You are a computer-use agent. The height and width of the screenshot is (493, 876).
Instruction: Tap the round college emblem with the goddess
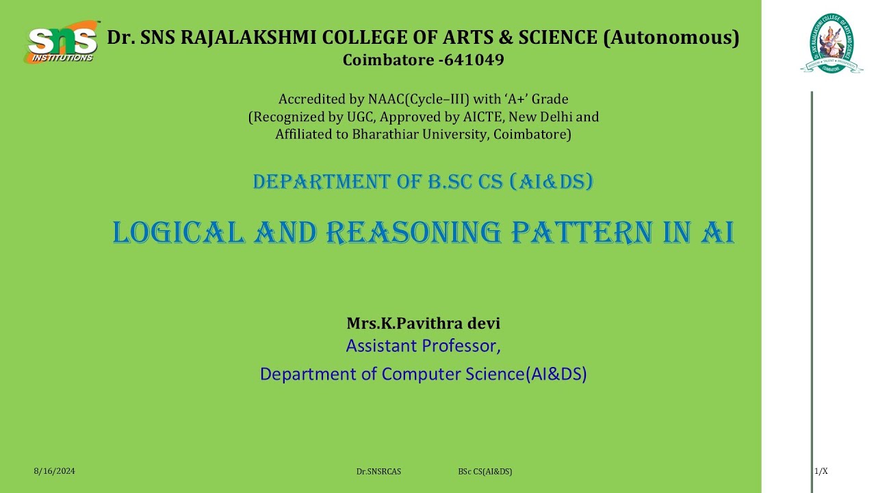coord(832,43)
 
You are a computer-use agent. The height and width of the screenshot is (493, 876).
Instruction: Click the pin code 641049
coord(474,60)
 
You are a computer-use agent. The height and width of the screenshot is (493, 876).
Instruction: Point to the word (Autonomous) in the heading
coord(671,38)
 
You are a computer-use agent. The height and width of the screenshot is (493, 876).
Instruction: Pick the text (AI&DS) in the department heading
coord(551,181)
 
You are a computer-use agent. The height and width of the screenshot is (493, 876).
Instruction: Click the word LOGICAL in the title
coord(179,233)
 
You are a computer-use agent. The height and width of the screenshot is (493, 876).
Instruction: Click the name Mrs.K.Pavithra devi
coord(424,323)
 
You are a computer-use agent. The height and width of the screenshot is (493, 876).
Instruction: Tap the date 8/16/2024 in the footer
coord(54,471)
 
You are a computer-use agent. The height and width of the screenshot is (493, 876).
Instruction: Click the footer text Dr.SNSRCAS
coord(378,472)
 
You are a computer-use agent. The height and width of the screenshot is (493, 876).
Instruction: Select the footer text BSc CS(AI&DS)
coord(485,472)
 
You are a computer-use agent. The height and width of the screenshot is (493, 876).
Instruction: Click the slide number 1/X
coord(821,471)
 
